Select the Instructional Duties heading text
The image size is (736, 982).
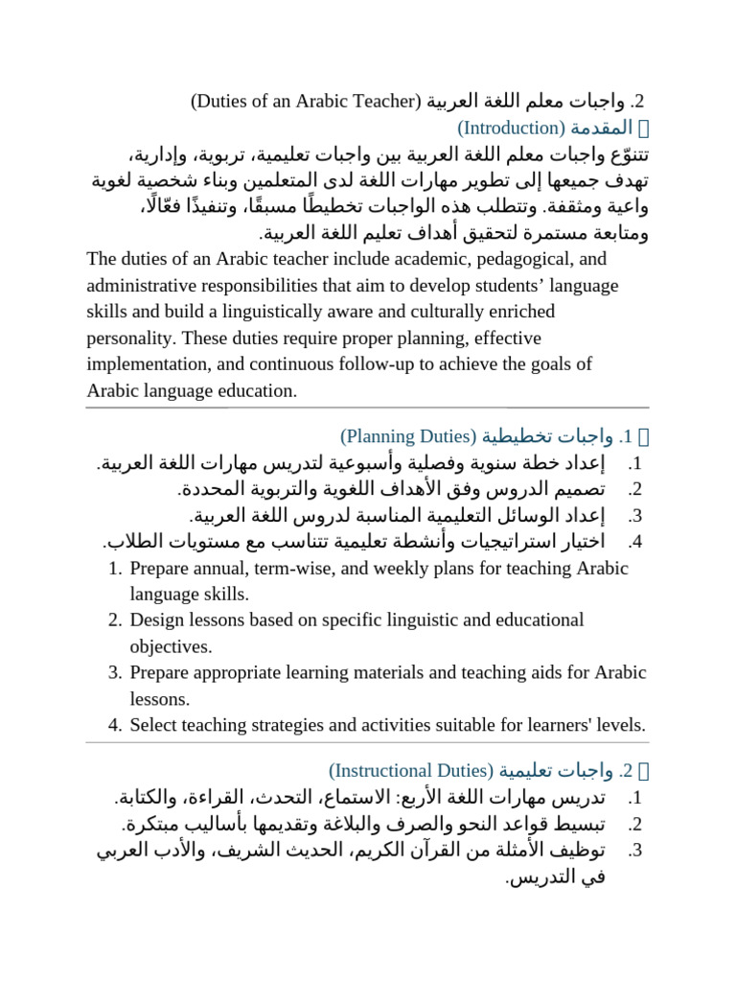[x=410, y=770]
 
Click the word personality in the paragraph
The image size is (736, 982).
[x=129, y=338]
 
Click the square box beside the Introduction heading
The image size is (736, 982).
[x=645, y=128]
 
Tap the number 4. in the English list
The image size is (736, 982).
[x=115, y=724]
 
